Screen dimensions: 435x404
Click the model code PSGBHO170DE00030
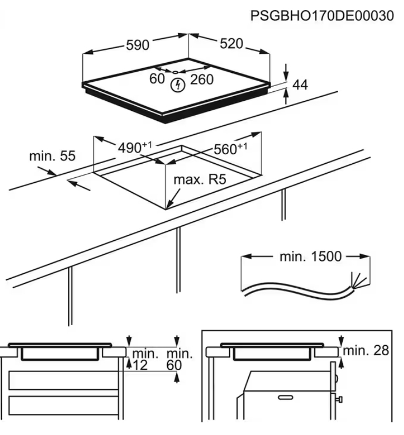[x=322, y=16]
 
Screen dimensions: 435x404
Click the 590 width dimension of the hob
[x=137, y=45]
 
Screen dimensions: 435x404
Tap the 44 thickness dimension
[x=300, y=84]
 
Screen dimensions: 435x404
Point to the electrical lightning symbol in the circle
[x=177, y=84]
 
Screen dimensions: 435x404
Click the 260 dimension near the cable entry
[x=201, y=80]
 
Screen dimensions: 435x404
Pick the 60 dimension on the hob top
[x=157, y=80]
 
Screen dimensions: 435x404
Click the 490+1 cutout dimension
[x=129, y=148]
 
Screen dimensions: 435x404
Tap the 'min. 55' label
[x=52, y=156]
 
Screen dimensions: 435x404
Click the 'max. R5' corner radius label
[x=199, y=179]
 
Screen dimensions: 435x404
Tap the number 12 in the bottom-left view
[x=140, y=365]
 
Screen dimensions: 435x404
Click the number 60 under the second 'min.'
[x=174, y=365]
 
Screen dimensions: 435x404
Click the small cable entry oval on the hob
[x=176, y=71]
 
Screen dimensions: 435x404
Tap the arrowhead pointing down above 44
[x=285, y=74]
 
